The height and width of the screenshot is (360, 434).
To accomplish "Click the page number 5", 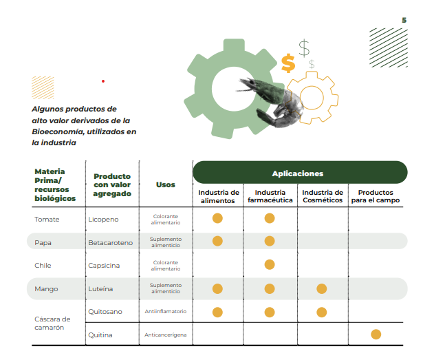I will click(404, 20).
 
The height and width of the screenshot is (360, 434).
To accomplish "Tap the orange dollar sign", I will click(288, 63).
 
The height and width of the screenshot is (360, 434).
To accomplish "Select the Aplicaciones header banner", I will click(299, 173).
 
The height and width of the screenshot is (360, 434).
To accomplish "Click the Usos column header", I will click(165, 184).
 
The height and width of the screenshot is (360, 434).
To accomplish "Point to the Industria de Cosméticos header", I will click(323, 196).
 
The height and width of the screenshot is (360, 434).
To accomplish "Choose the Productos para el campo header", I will click(376, 196).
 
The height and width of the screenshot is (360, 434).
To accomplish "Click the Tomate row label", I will click(47, 220).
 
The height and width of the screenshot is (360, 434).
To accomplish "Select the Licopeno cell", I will click(103, 220).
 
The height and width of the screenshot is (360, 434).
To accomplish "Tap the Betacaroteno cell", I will click(109, 242).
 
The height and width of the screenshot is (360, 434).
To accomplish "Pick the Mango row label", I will click(46, 289).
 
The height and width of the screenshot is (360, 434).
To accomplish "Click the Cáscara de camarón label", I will click(52, 323).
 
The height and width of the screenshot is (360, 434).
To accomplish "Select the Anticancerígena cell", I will click(165, 335).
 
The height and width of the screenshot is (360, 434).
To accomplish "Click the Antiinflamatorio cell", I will click(165, 312).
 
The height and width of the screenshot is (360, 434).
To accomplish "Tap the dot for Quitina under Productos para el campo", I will click(376, 335).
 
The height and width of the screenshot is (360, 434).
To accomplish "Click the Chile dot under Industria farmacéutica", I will click(270, 265).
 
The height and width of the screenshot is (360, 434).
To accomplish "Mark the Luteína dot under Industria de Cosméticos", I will click(322, 288).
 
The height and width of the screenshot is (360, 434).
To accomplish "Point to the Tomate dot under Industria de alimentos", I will click(217, 219).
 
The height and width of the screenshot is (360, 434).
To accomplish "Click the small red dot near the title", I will click(102, 81).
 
